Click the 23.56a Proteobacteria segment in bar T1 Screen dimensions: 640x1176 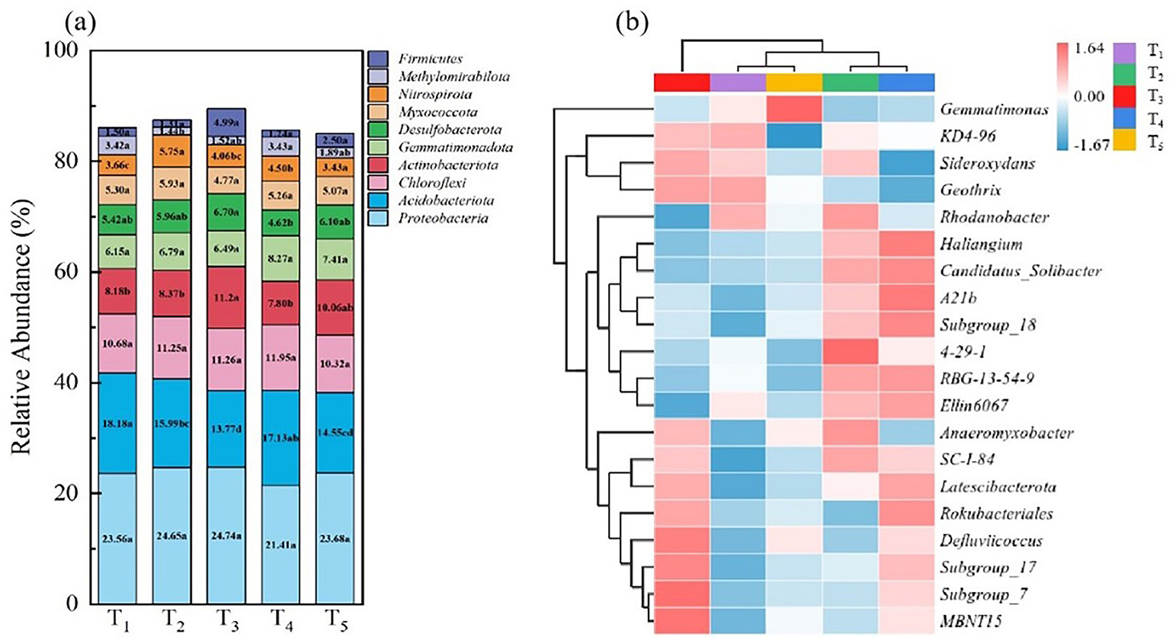coord(117,539)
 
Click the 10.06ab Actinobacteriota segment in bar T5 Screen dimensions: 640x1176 coord(337,307)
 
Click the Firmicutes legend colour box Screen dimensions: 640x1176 coord(378,59)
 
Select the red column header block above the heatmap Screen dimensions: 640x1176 coord(682,82)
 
